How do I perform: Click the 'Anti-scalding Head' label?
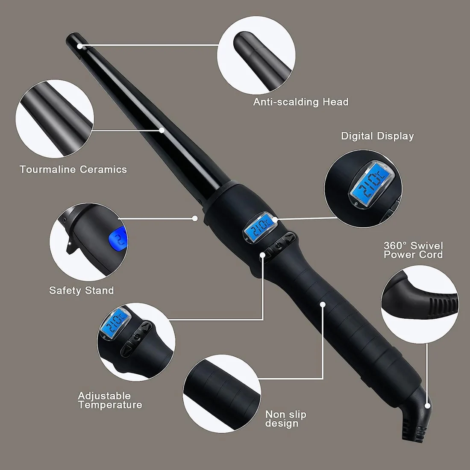pos(301,102)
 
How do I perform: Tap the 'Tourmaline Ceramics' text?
pos(73,169)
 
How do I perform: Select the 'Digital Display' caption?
pos(377,136)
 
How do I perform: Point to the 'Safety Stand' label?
pos(82,290)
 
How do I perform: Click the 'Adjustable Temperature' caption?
pos(110,400)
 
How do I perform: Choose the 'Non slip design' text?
pos(286,419)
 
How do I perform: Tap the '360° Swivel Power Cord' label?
pos(413,250)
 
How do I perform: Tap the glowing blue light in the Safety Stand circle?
pos(118,238)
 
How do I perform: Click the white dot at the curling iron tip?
pos(79,46)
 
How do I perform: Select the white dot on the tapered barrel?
pos(162,130)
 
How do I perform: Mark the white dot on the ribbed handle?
pos(323,304)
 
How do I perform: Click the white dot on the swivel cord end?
pos(428,406)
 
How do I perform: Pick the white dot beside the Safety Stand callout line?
pos(195,218)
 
